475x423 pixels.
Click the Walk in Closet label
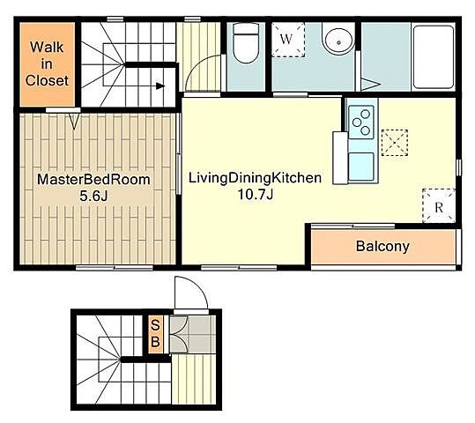click(47, 64)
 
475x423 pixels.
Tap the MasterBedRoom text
click(93, 180)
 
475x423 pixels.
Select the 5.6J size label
click(93, 196)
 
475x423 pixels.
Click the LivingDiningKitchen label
click(255, 177)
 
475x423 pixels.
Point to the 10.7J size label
click(256, 194)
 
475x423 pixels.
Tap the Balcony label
click(382, 246)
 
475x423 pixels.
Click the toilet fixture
click(246, 43)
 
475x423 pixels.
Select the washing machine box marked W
click(288, 40)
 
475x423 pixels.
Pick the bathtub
click(434, 56)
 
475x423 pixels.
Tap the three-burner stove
click(361, 122)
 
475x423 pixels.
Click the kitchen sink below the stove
click(361, 167)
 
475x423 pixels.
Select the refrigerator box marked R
click(439, 205)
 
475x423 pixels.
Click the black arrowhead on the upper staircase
click(160, 86)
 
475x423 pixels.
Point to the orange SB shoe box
click(155, 334)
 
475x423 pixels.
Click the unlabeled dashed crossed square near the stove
click(395, 143)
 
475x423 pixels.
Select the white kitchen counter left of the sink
click(340, 158)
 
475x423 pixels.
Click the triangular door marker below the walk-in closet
click(75, 121)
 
